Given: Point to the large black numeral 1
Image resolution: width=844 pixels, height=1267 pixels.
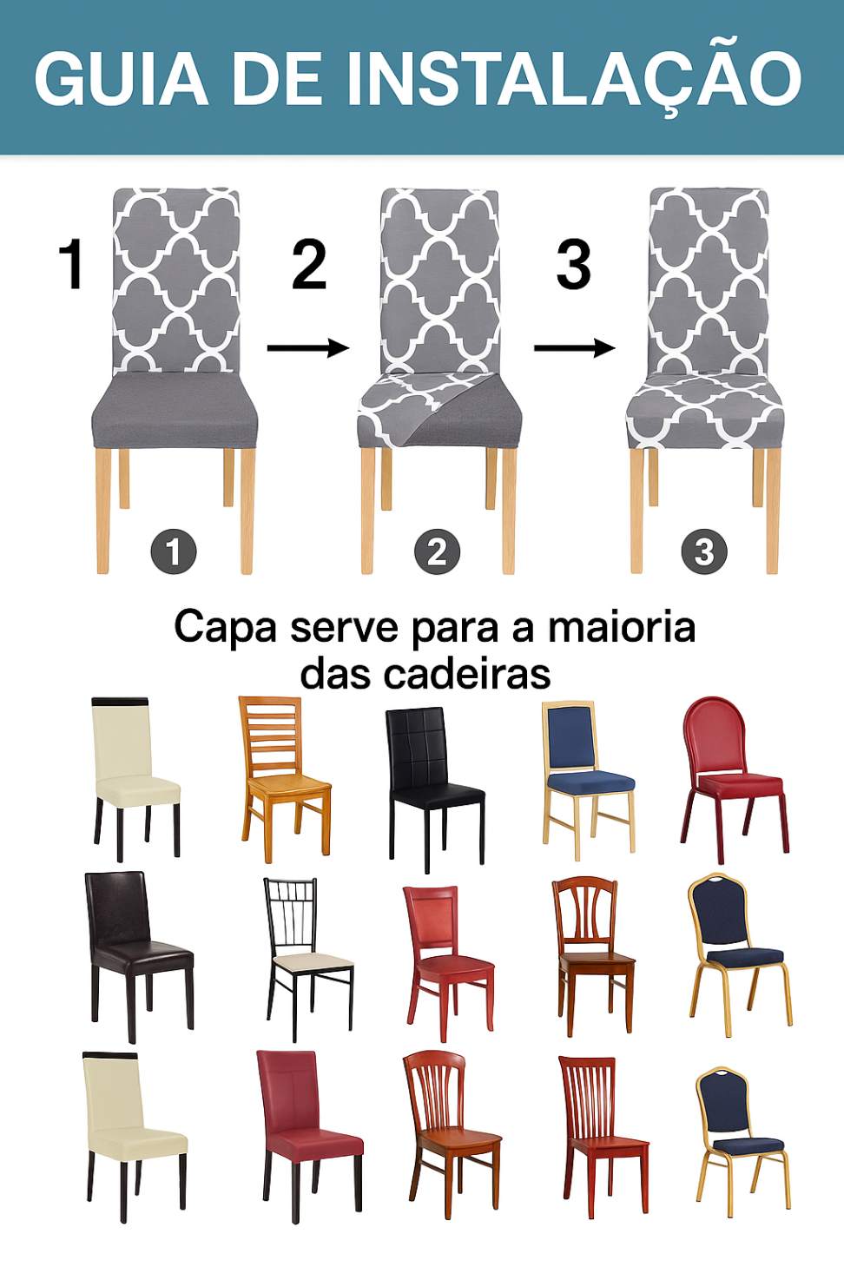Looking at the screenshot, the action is click(x=72, y=264).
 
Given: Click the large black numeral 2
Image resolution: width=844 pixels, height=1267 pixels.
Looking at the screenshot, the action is click(x=309, y=264).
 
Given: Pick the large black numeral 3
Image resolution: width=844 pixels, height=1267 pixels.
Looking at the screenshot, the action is click(x=573, y=264).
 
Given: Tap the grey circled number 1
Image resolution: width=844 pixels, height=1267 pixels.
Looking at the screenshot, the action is click(x=174, y=551).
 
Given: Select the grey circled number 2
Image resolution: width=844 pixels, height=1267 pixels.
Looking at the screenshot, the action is click(x=437, y=551).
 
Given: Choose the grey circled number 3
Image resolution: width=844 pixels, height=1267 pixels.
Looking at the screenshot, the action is click(x=703, y=551).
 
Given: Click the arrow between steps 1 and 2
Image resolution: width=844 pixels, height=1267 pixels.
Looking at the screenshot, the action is click(x=308, y=348).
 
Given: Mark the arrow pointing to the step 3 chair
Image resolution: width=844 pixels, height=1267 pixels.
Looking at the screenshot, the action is click(x=575, y=348).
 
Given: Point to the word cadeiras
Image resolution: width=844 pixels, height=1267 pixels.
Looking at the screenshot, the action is click(x=467, y=674).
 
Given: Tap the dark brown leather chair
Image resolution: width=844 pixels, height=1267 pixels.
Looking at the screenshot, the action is click(x=139, y=956).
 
